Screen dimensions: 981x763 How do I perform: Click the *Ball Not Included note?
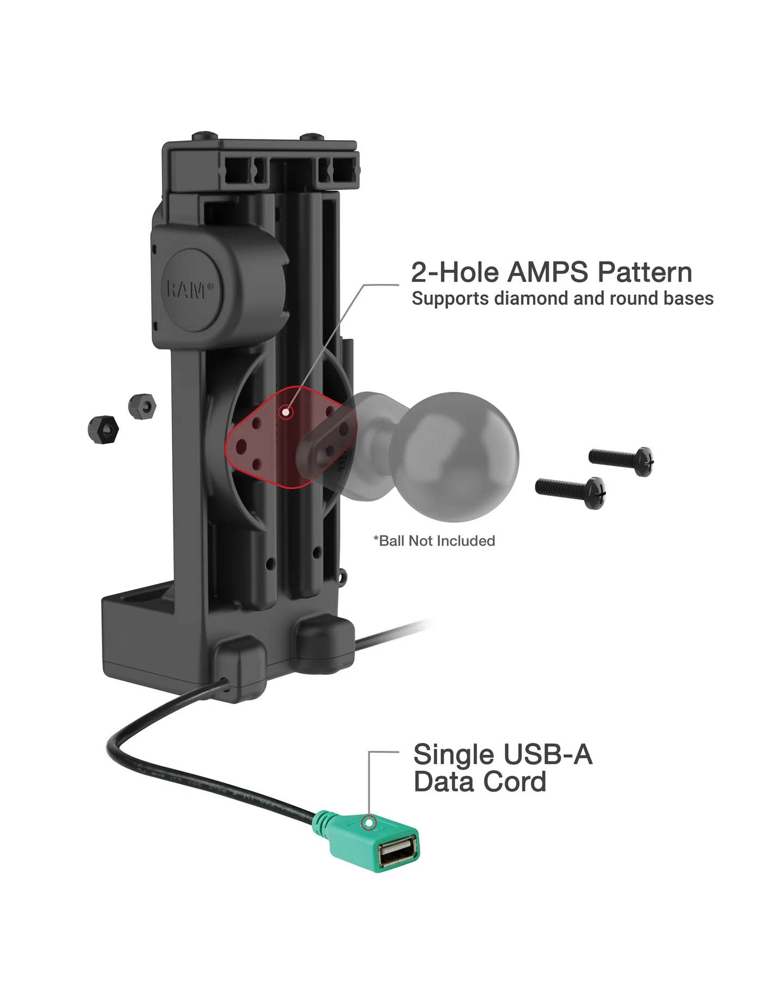434,541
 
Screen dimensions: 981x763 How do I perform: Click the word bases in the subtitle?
688,299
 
